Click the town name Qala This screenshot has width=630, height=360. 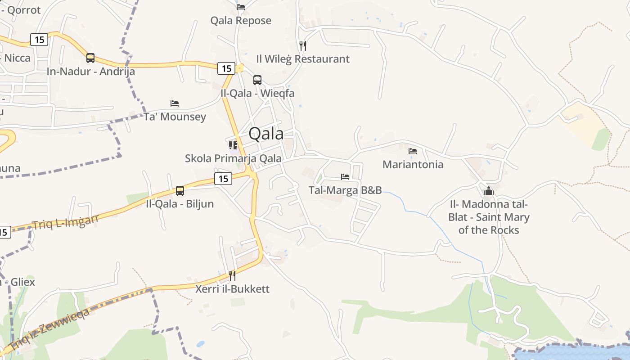[266, 134]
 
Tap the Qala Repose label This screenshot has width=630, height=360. [241, 20]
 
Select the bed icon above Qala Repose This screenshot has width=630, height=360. [241, 7]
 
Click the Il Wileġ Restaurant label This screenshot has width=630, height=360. [302, 59]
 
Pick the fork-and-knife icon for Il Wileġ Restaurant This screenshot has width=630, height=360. [303, 45]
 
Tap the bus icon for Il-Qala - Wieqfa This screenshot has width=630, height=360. [257, 80]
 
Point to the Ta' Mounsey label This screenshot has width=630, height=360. [175, 117]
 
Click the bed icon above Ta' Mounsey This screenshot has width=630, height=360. [175, 103]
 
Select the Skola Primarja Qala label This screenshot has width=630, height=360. [233, 158]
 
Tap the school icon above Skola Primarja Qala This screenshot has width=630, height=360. [233, 145]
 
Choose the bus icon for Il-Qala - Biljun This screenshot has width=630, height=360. [180, 191]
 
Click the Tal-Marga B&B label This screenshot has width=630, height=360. [345, 190]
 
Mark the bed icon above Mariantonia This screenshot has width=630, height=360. [413, 151]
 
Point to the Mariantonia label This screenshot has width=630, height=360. [413, 164]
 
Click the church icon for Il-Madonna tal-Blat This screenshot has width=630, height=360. [489, 191]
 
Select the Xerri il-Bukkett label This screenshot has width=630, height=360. [232, 289]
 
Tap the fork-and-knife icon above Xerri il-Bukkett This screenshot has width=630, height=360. [232, 275]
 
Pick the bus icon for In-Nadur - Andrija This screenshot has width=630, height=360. [90, 58]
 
